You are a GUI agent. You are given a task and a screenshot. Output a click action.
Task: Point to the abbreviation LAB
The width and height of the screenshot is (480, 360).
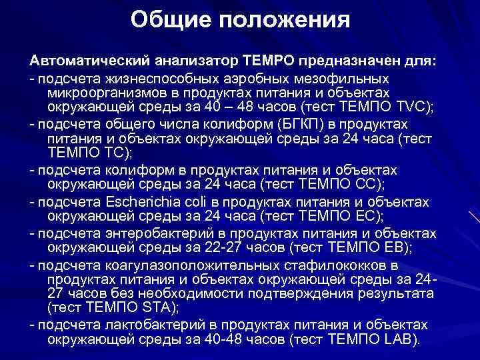pos(400,339)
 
